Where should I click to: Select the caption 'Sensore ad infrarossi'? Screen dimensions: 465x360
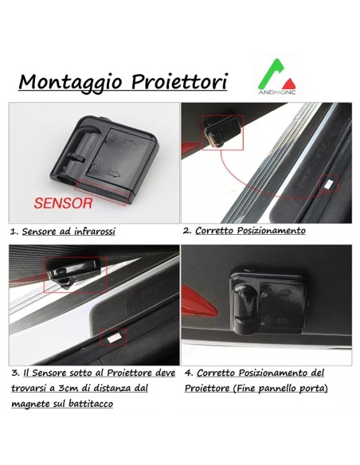pyautogui.click(x=68, y=231)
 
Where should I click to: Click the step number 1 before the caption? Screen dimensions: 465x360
pyautogui.click(x=14, y=231)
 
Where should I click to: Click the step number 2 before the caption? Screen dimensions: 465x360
pyautogui.click(x=187, y=230)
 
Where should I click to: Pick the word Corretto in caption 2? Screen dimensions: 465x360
pyautogui.click(x=215, y=230)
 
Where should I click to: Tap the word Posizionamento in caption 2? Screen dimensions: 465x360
pyautogui.click(x=272, y=230)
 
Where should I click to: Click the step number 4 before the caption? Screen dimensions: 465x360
pyautogui.click(x=189, y=372)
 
